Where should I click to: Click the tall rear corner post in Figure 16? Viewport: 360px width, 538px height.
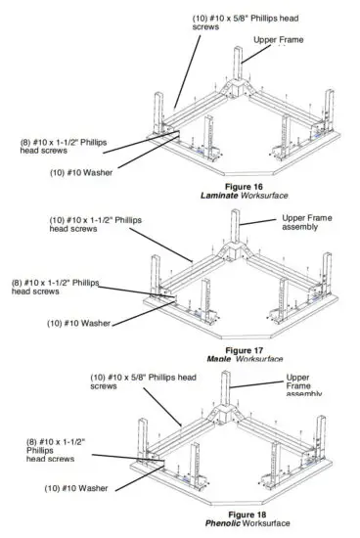click(238, 70)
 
